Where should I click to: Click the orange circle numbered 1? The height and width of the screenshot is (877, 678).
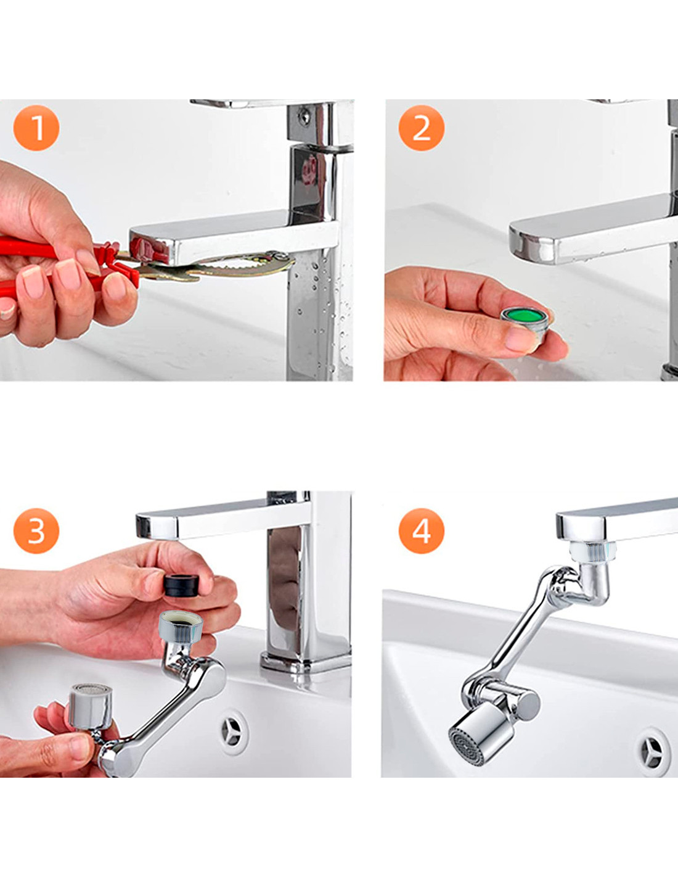(36, 128)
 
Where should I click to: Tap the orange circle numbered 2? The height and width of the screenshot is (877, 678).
(422, 128)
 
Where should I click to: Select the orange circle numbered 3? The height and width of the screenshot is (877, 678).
(36, 531)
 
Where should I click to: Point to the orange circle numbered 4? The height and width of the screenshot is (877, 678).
(422, 531)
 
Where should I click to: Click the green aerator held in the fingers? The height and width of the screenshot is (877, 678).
(527, 325)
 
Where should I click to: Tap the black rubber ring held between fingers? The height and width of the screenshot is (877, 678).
(181, 586)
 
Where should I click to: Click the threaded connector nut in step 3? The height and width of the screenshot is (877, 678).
(180, 627)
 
